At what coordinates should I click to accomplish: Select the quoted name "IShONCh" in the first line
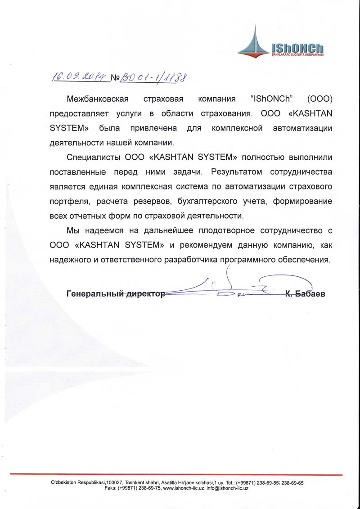coord(268,99)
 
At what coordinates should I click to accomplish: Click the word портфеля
coord(64,201)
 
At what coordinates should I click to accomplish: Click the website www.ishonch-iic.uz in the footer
coord(183,488)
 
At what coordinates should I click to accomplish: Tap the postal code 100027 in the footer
coord(115,482)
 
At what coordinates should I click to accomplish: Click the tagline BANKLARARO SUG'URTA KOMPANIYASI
coord(296,54)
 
